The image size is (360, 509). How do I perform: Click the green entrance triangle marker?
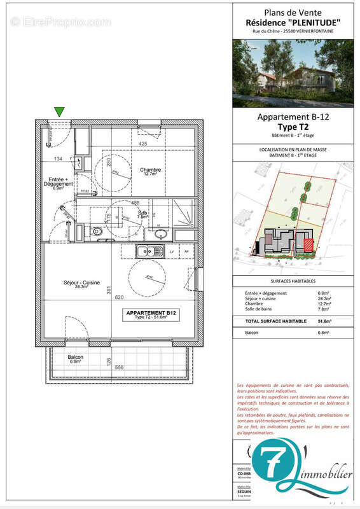point(59,111)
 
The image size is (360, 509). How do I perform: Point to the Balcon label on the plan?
point(77,358)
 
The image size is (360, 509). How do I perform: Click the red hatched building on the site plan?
point(308,244)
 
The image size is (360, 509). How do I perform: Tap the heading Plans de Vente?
point(293,13)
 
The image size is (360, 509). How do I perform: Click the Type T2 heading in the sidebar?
point(293,127)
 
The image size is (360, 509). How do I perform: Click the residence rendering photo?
point(293,73)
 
